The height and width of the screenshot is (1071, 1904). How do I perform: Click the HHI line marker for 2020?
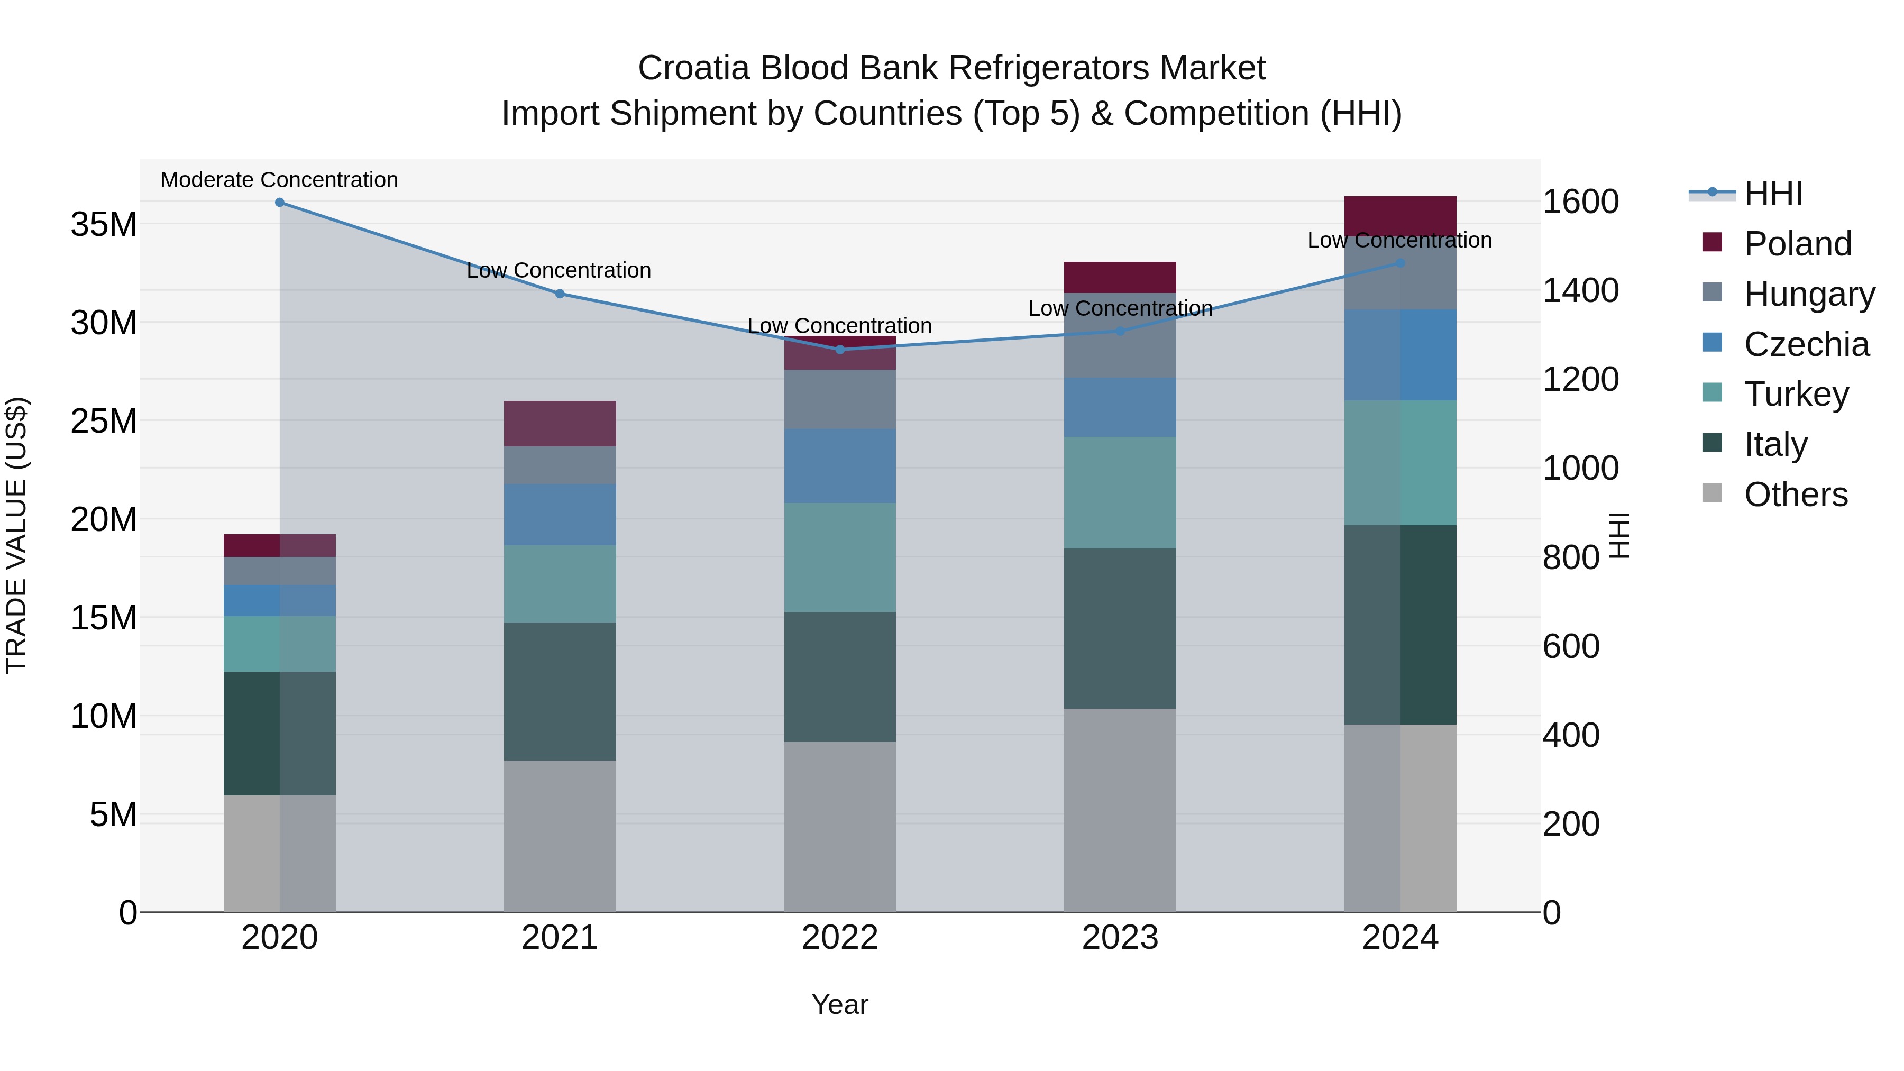tap(279, 203)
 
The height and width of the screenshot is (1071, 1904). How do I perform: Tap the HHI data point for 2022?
tap(840, 350)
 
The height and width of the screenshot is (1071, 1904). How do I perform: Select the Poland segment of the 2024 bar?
tap(1400, 216)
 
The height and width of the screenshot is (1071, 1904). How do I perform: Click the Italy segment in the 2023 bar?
tap(1120, 628)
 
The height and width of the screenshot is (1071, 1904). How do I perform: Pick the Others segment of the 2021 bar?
tap(560, 835)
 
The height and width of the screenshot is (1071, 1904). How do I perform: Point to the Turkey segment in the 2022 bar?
tap(840, 557)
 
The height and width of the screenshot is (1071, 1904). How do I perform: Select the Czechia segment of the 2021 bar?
tap(560, 515)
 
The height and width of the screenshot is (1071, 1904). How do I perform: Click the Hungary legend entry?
tap(1809, 294)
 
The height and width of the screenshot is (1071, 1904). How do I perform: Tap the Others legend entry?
tap(1796, 495)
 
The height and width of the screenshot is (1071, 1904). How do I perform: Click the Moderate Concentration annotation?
tap(279, 180)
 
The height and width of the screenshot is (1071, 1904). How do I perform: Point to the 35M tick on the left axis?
tap(104, 224)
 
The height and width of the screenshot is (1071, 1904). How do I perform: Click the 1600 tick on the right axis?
tap(1580, 202)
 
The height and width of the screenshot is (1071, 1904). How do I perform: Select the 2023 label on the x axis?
tap(1120, 938)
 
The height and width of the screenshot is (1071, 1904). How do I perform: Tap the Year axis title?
tap(840, 1004)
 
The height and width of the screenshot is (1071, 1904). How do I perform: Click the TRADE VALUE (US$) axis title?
tap(16, 535)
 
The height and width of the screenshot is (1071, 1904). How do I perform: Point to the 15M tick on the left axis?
tap(104, 618)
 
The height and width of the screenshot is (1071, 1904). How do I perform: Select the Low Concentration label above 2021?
tap(559, 270)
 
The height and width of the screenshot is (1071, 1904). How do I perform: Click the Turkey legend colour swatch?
tap(1712, 392)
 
